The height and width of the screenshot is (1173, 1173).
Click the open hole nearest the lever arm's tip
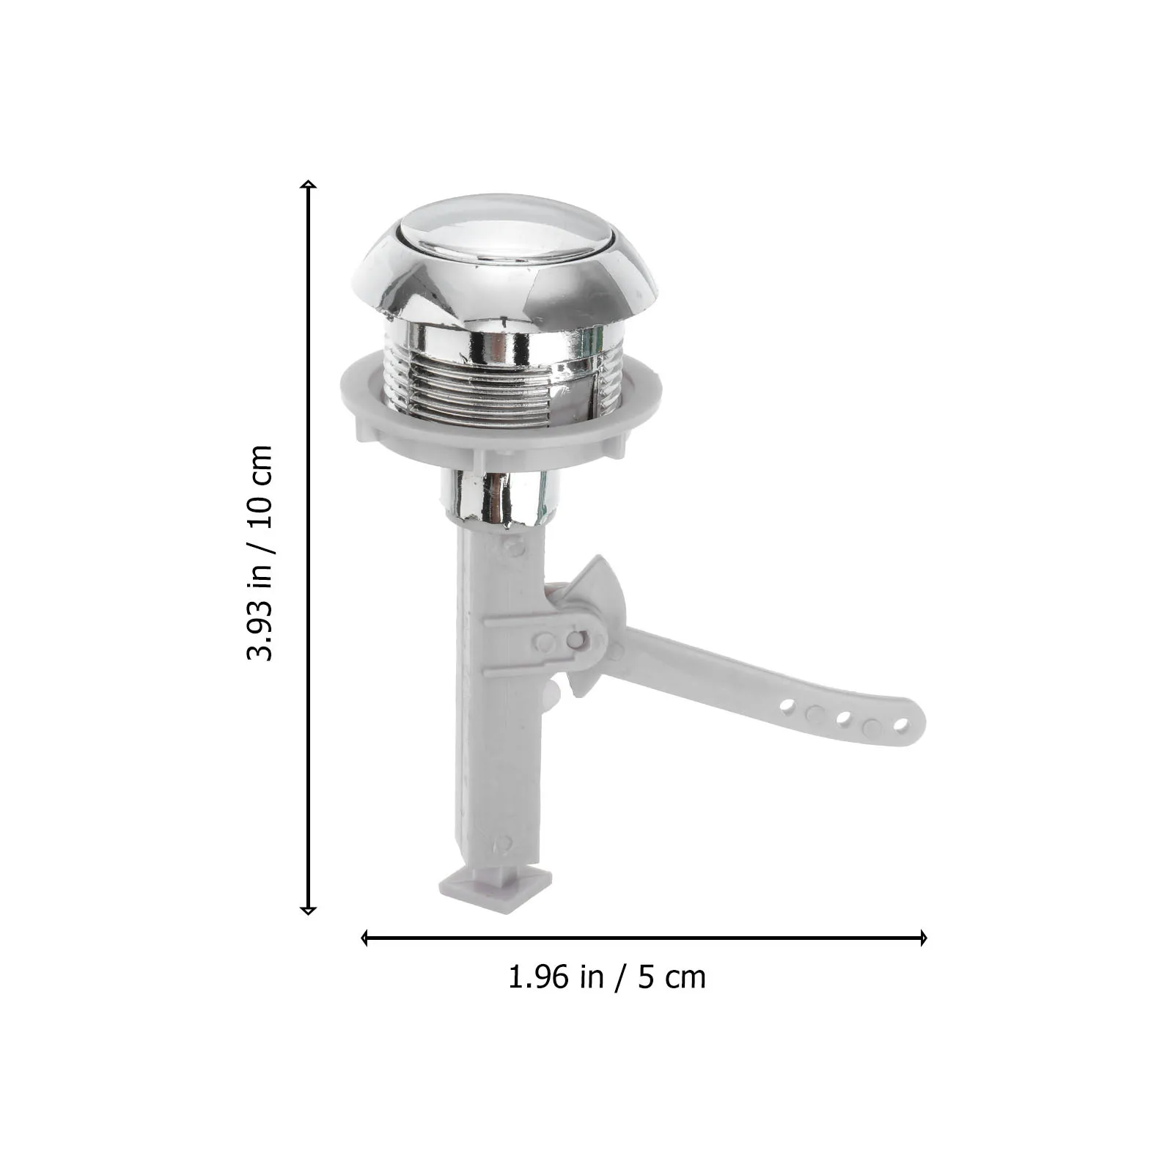[x=901, y=726]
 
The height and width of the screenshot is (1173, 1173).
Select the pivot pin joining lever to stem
[x=575, y=640]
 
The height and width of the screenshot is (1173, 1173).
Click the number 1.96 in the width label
[x=540, y=977]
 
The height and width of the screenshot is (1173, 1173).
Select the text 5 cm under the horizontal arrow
[x=671, y=977]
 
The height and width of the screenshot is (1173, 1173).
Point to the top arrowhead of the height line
[x=309, y=184]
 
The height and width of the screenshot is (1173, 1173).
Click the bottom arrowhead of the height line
[x=309, y=910]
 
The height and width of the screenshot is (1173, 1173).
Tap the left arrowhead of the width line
[x=365, y=938]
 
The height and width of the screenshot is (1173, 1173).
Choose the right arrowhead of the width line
[x=923, y=938]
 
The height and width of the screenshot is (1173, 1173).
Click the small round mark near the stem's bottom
[x=502, y=845]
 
